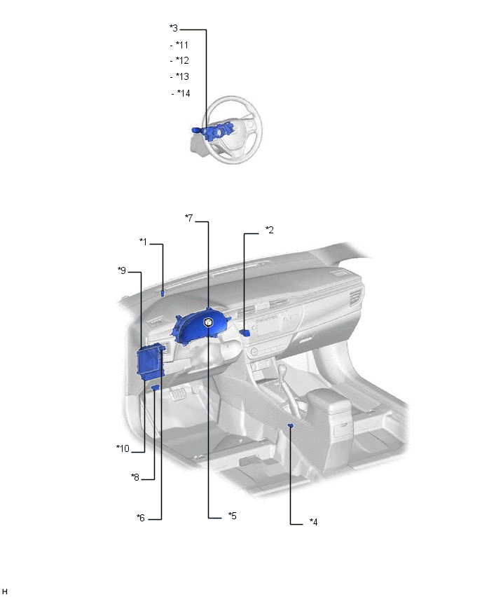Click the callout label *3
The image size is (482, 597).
[174, 28]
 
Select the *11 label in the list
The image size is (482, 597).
[182, 45]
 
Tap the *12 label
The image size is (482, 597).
[182, 60]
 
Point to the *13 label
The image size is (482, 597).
[182, 76]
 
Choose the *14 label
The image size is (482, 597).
[184, 93]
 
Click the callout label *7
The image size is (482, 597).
[189, 218]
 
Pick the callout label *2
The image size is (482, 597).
[270, 230]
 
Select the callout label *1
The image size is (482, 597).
[143, 242]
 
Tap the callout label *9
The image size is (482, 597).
[122, 270]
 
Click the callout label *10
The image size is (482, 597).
[123, 448]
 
